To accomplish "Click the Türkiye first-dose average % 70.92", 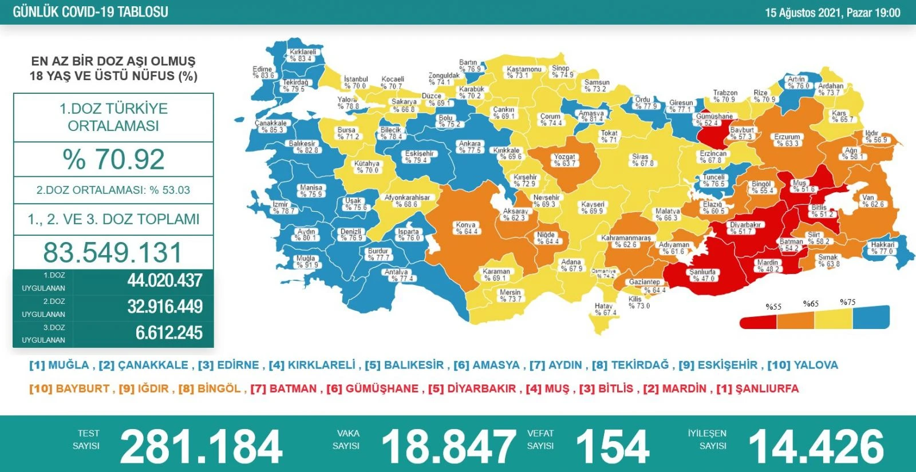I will click(113, 159).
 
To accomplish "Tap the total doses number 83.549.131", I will click(113, 252).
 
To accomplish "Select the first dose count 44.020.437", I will click(165, 280).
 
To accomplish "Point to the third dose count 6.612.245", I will click(169, 332).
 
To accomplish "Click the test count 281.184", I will click(201, 447).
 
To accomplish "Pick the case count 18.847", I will click(449, 447).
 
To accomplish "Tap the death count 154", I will click(612, 447).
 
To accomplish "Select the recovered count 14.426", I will click(816, 447).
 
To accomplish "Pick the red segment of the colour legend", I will click(758, 322).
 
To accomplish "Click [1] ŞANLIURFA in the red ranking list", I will click(757, 388).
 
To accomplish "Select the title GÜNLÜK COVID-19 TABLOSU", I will click(90, 12).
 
